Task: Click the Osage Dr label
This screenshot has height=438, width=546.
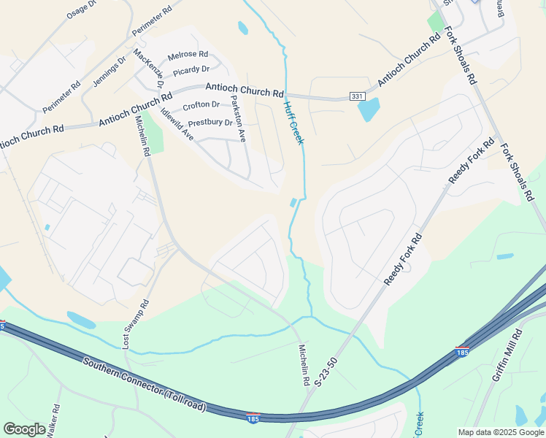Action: click(81, 9)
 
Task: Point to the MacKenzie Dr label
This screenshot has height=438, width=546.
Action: click(149, 68)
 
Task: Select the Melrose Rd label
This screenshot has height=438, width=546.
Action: click(188, 55)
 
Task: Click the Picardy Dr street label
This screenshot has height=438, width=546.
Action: click(191, 69)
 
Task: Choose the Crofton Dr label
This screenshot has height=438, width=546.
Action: click(201, 105)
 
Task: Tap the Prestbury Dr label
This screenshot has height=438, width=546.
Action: click(210, 123)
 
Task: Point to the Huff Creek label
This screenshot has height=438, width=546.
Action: click(293, 122)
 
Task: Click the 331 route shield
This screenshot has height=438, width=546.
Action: click(357, 96)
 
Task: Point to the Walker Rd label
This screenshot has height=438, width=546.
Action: click(53, 421)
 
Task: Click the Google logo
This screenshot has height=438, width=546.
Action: click(24, 429)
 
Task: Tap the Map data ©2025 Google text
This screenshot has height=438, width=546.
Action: click(500, 432)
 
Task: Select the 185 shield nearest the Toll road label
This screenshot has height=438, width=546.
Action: click(253, 418)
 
